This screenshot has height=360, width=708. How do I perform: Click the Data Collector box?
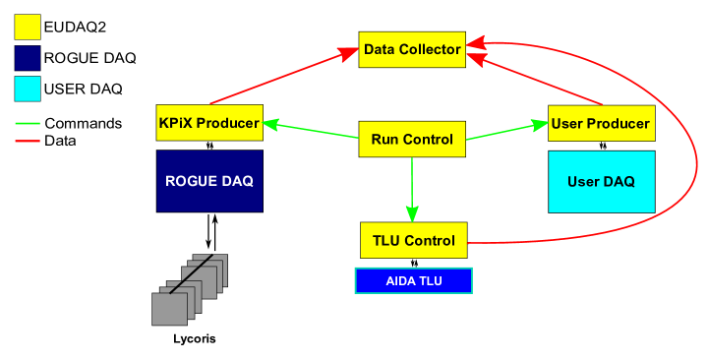coord(412,49)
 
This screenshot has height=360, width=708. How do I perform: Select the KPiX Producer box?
coord(208,123)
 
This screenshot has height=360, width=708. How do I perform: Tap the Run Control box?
coord(412,140)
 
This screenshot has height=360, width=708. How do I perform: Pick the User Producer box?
coord(601,123)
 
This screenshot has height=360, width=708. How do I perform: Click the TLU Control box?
coord(413,241)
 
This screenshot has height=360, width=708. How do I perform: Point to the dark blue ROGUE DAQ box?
coord(209,181)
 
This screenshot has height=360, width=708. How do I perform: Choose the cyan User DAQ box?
coord(601,181)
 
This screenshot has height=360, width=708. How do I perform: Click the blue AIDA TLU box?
coord(413,280)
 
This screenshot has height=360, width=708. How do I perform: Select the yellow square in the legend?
coord(28,28)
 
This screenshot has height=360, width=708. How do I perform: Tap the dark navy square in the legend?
coord(28,58)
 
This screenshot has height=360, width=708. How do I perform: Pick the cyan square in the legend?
coord(28,89)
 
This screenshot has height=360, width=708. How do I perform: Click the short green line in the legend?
coord(28,124)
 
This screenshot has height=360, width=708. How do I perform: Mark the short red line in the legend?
coord(28,142)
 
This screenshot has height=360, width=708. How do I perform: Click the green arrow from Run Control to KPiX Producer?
coord(310,131)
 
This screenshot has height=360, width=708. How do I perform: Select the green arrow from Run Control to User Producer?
coord(506,131)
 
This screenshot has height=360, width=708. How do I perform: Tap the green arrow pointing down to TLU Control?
coord(412,187)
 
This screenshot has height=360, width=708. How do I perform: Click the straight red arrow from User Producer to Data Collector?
coord(536,79)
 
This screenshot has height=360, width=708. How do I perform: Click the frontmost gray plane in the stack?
coord(169,308)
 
